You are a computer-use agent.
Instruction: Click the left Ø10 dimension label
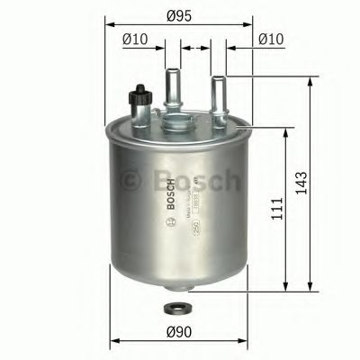134,39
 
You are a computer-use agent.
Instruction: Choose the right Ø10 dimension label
271,39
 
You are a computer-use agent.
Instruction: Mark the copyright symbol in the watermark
130,181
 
